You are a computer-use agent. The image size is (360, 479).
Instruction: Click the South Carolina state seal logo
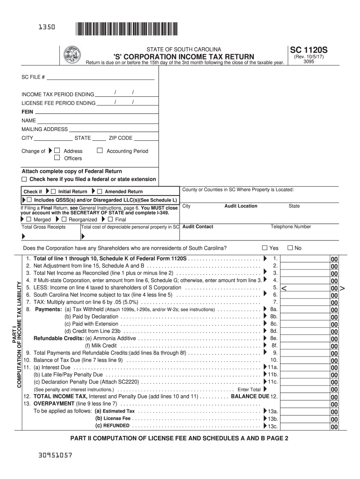click(72, 55)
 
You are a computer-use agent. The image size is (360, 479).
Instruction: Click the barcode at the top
click(126, 29)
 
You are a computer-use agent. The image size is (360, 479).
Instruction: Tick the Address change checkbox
click(58, 151)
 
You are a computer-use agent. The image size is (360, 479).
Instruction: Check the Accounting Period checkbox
click(100, 151)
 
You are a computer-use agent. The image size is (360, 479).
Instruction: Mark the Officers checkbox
click(58, 158)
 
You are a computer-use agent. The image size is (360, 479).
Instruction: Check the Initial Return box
click(53, 191)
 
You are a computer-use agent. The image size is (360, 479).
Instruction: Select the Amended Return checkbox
click(99, 191)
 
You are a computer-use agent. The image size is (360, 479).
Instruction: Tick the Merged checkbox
click(29, 219)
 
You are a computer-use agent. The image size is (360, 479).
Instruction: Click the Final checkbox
click(110, 219)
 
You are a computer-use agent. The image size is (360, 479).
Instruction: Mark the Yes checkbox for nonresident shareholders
click(265, 247)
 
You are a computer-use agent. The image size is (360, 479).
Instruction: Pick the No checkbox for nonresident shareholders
click(290, 247)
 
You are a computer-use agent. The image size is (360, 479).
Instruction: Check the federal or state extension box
click(24, 179)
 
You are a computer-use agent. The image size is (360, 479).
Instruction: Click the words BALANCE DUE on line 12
click(250, 396)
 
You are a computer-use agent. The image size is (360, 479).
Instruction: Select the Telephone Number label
click(291, 227)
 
